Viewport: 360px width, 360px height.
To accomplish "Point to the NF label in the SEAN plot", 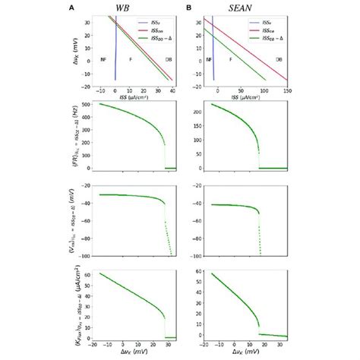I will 209,58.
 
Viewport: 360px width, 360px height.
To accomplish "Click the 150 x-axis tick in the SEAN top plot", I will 287,90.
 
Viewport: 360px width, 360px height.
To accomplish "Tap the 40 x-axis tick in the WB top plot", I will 172,90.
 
